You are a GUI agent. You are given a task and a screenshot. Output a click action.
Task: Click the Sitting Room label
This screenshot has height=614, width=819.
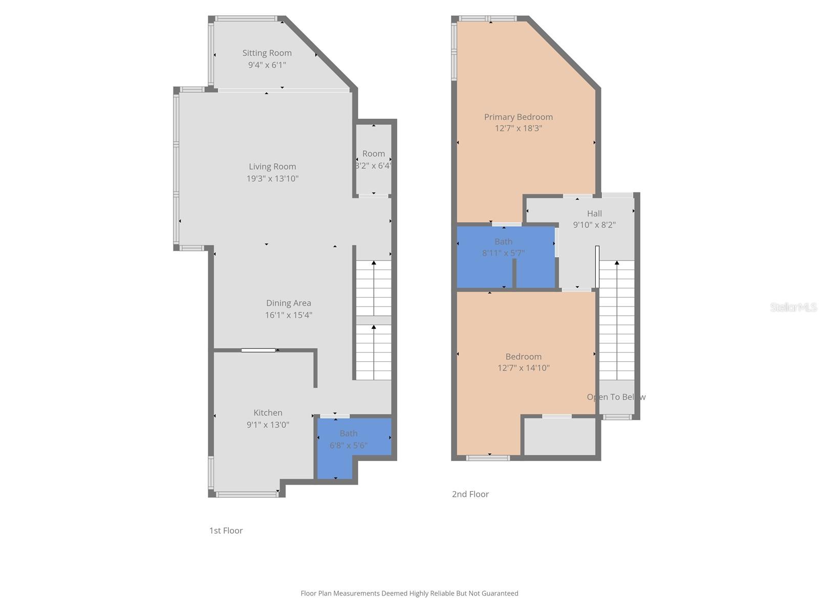pyautogui.click(x=267, y=53)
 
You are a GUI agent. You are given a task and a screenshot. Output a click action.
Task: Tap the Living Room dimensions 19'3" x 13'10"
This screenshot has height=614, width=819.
pyautogui.click(x=272, y=179)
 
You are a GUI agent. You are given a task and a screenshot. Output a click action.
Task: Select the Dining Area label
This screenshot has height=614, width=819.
pyautogui.click(x=288, y=303)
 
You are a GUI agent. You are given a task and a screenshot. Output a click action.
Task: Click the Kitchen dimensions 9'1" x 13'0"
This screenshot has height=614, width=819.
pyautogui.click(x=268, y=425)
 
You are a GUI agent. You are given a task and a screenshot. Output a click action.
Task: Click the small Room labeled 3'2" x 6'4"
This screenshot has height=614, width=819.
pyautogui.click(x=373, y=159)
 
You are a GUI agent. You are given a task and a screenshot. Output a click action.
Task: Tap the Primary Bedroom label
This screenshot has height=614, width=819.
pyautogui.click(x=518, y=117)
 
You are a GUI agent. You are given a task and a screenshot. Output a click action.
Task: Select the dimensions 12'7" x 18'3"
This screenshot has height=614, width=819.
pyautogui.click(x=518, y=128)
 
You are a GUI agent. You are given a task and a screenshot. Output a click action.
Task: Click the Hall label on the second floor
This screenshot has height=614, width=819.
pyautogui.click(x=594, y=213)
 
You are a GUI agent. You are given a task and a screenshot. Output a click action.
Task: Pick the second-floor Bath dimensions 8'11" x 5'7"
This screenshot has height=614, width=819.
pyautogui.click(x=503, y=253)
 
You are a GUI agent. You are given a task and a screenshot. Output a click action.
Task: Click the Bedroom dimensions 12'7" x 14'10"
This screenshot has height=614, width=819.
pyautogui.click(x=523, y=368)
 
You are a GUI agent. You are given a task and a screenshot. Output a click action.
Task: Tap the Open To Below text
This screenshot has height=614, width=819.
pyautogui.click(x=616, y=397)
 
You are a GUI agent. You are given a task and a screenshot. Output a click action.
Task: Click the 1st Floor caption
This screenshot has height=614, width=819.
pyautogui.click(x=226, y=531)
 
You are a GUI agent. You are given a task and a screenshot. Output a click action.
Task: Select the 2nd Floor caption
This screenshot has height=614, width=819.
pyautogui.click(x=470, y=494)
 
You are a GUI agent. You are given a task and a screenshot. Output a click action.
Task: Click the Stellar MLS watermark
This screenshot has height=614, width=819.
pyautogui.click(x=793, y=307)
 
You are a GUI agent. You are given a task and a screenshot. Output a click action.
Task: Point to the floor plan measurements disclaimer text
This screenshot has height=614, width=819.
pyautogui.click(x=409, y=594)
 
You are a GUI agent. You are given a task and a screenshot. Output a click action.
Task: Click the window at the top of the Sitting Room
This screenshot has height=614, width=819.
pyautogui.click(x=246, y=19)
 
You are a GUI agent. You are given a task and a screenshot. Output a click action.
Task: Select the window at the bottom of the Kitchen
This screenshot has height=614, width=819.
pyautogui.click(x=247, y=494)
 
